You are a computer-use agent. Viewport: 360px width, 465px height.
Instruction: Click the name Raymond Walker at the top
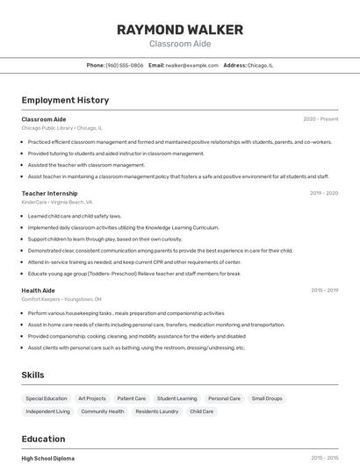point(179,30)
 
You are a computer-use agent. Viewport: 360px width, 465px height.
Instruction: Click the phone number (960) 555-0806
point(124,65)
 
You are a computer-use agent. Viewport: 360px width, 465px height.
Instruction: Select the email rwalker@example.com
point(191,65)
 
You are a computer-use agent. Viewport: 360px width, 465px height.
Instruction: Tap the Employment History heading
point(65,101)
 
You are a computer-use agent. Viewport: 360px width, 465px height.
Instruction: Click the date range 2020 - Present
point(320,119)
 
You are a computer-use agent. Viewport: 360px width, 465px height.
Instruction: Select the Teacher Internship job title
point(49,193)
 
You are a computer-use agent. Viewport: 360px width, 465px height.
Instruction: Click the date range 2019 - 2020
point(324,193)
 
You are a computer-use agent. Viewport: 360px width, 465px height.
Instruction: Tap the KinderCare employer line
point(56,202)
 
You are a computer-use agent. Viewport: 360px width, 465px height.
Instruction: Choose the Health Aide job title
point(38,290)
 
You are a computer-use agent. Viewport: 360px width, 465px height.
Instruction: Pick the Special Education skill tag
point(47,398)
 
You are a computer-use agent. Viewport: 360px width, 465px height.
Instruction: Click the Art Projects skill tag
point(92,398)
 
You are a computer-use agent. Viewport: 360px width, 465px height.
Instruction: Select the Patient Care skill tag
point(132,398)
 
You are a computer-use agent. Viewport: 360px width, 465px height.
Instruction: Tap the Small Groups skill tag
point(267,398)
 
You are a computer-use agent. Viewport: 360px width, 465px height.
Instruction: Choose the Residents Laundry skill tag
point(157,411)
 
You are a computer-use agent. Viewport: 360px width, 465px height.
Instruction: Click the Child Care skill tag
point(202,411)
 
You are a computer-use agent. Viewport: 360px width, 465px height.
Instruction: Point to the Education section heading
point(43,439)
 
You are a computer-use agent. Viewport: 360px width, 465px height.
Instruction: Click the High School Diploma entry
point(47,458)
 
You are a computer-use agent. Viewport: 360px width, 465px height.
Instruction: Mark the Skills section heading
point(32,376)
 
